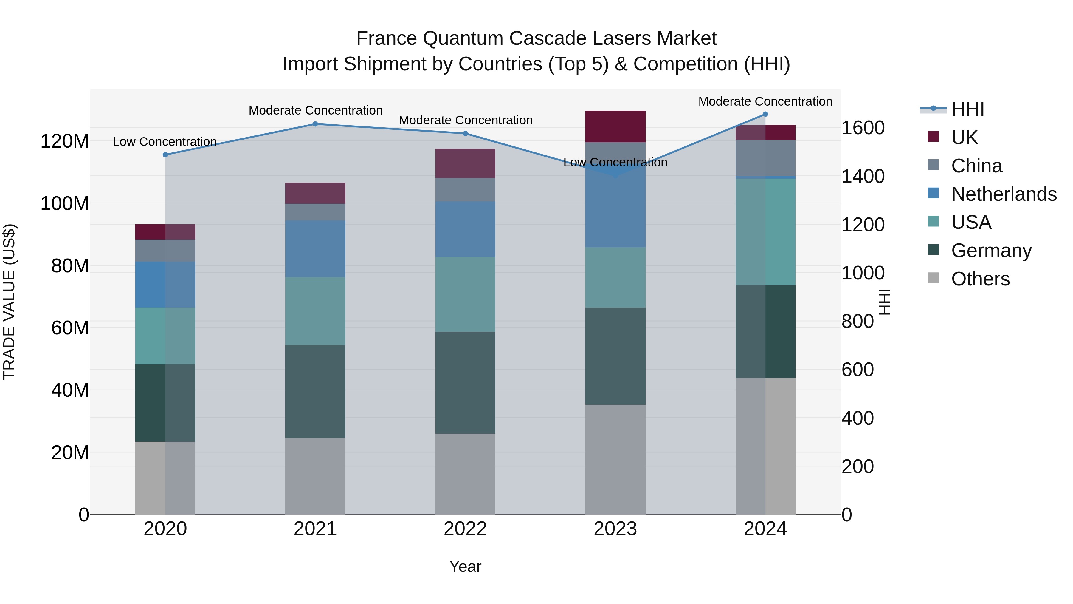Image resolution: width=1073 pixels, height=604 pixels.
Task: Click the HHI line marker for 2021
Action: (315, 124)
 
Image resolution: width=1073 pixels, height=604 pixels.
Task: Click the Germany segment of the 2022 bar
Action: (465, 383)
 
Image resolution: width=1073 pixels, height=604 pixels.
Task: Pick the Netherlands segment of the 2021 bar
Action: (315, 249)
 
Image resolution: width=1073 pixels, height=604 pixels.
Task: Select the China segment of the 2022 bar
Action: (465, 190)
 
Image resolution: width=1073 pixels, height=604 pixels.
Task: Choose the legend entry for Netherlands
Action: (1004, 194)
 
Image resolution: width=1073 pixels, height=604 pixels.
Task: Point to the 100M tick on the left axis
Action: (65, 204)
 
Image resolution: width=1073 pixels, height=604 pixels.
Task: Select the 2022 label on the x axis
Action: (465, 529)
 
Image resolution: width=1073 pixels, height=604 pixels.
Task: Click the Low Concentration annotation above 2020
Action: (165, 142)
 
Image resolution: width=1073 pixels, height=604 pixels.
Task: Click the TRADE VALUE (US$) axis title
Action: (9, 302)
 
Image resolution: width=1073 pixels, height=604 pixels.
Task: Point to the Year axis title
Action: (465, 566)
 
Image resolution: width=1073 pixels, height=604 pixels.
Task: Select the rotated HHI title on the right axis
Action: (884, 302)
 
